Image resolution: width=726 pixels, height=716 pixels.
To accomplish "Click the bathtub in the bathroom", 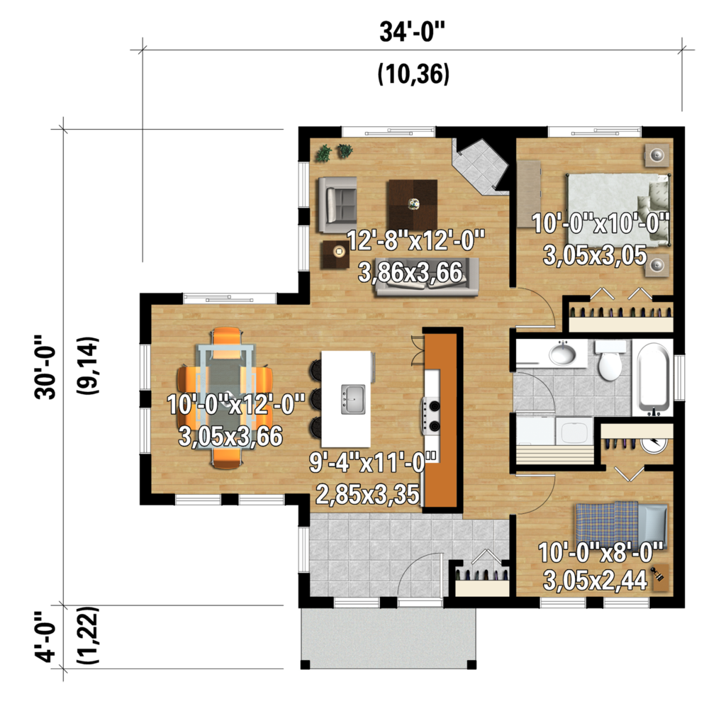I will (654, 379).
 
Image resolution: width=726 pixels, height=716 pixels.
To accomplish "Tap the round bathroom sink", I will (563, 354).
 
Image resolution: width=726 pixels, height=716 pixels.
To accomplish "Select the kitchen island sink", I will (352, 399).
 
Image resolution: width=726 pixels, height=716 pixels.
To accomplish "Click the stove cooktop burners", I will (432, 415).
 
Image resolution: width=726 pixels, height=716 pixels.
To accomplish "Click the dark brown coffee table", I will (412, 203).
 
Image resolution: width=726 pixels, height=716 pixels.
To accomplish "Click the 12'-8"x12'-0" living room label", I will (415, 239).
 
